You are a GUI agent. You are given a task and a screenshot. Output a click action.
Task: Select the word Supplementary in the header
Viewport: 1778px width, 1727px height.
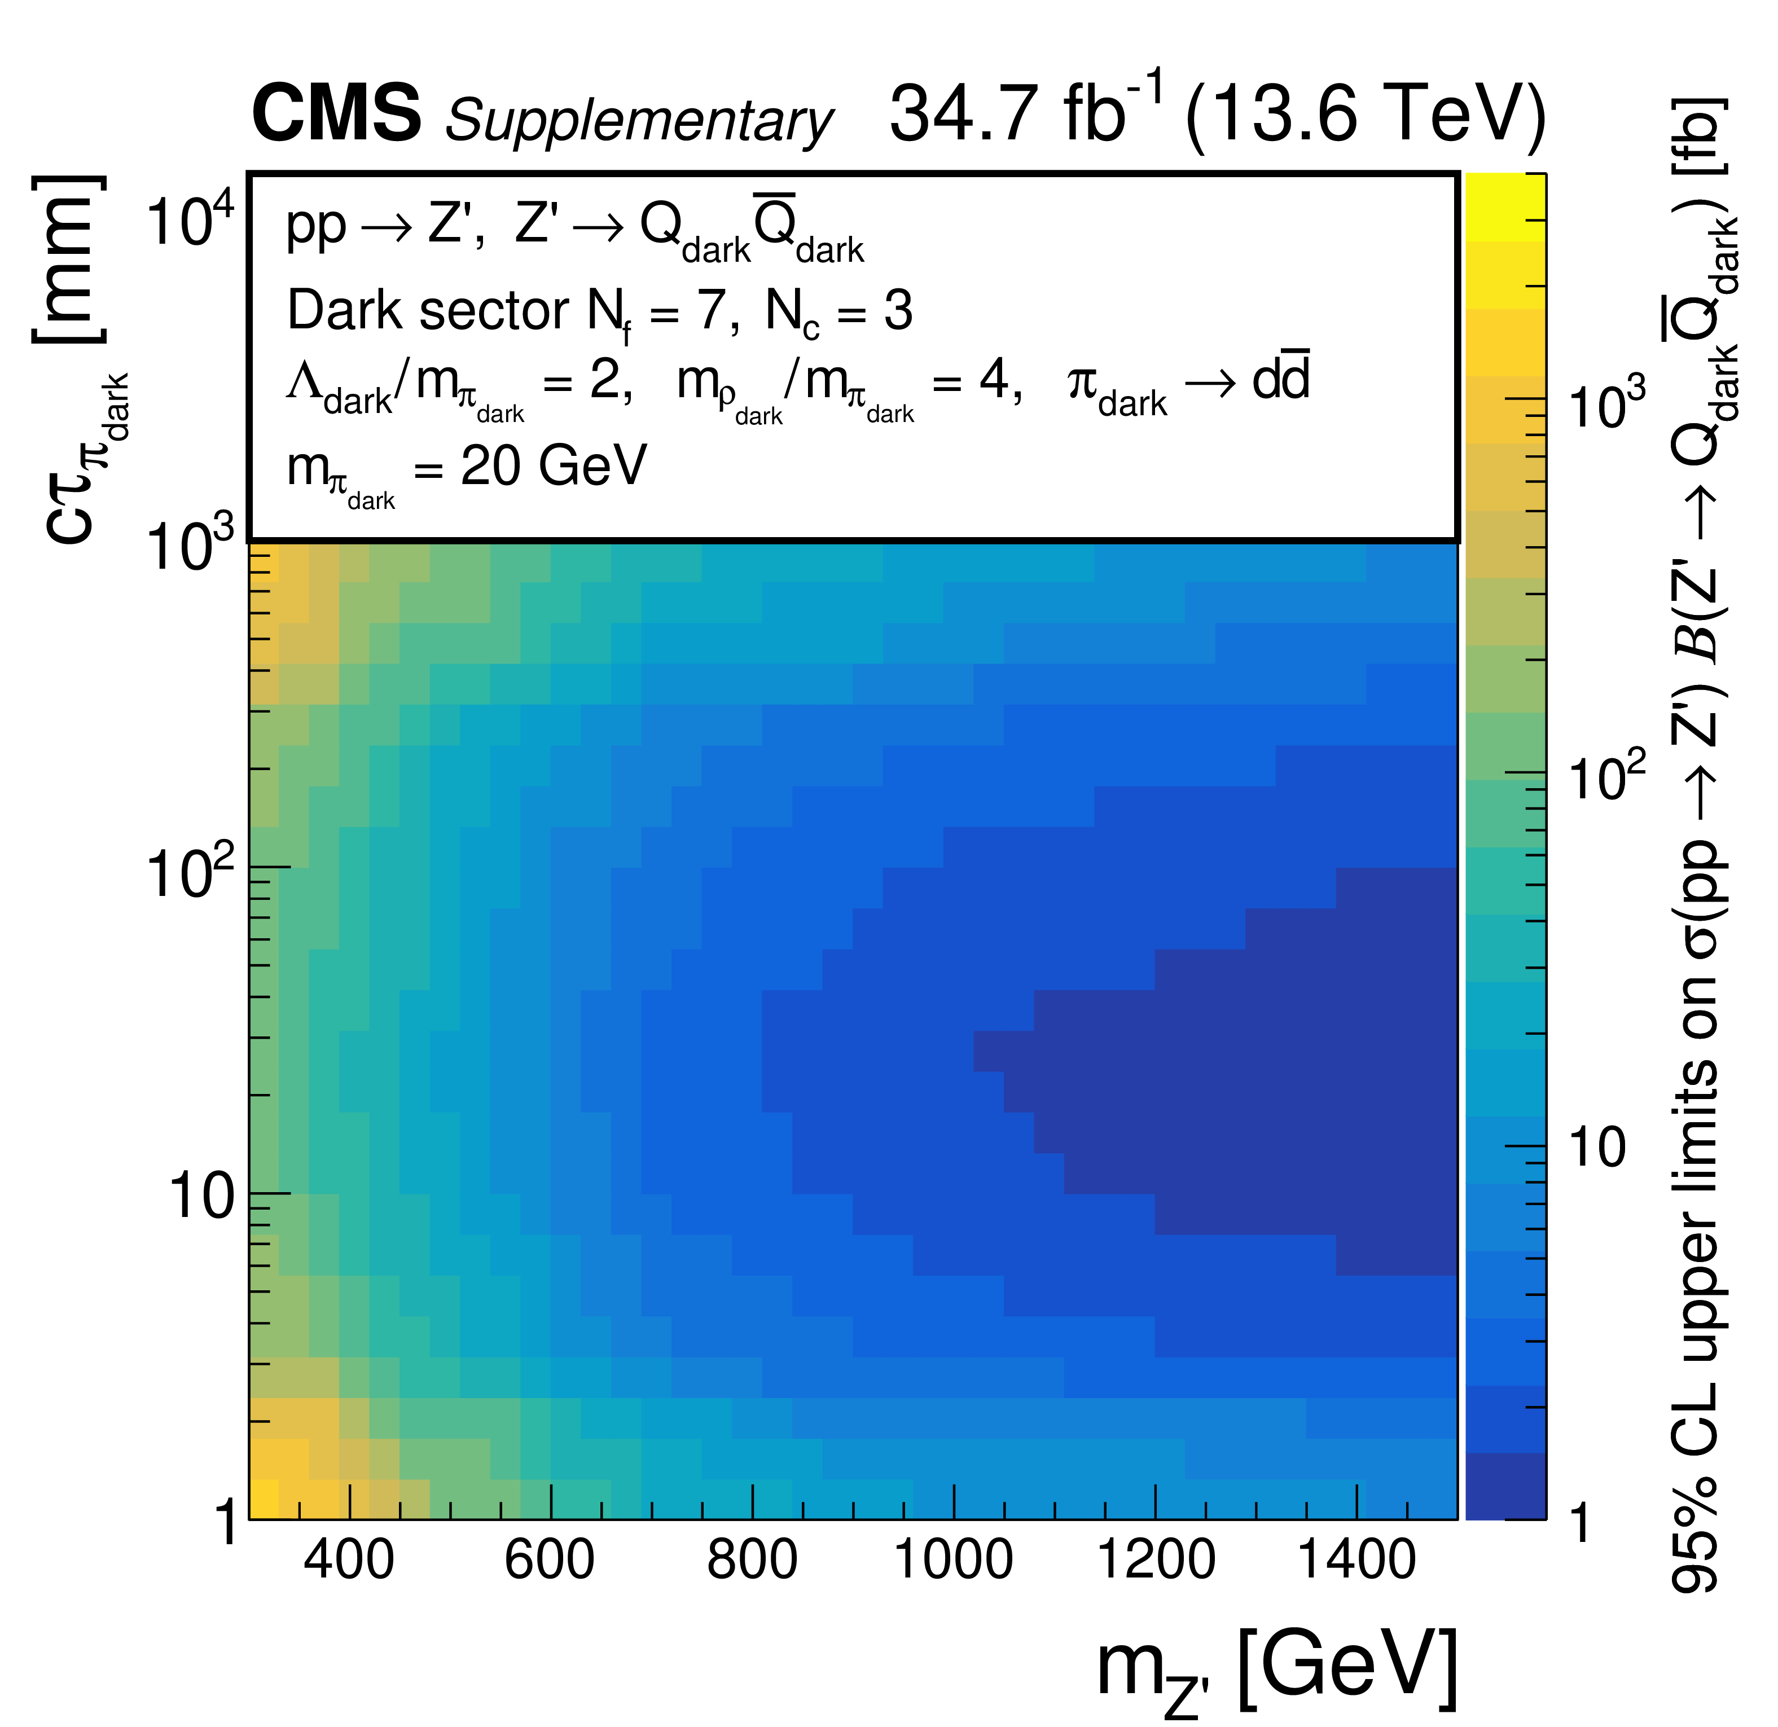tap(638, 121)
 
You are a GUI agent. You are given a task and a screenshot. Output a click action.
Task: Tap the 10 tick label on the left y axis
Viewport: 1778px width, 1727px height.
tap(201, 1197)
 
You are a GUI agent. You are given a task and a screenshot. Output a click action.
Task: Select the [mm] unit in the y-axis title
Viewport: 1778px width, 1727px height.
tap(69, 260)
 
